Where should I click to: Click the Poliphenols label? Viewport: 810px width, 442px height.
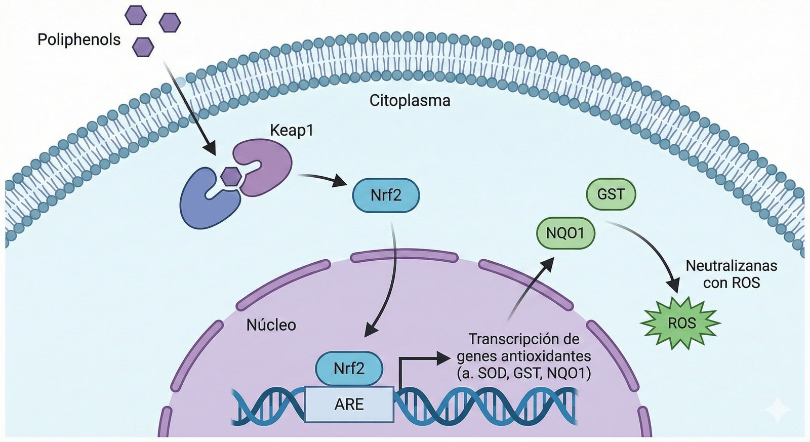click(x=79, y=39)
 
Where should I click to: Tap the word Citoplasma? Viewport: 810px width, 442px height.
click(x=410, y=100)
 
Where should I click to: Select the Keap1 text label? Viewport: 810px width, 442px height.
click(x=292, y=130)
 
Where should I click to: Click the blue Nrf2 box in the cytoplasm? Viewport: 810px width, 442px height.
click(x=386, y=195)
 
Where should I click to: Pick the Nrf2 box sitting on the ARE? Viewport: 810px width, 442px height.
click(x=349, y=368)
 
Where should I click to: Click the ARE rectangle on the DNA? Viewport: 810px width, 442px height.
click(x=349, y=404)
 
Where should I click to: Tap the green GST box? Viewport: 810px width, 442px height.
click(x=611, y=194)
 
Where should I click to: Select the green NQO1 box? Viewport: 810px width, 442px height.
click(x=565, y=233)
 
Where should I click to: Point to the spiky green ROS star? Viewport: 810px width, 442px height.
click(x=681, y=323)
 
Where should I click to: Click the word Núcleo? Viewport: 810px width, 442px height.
click(x=271, y=325)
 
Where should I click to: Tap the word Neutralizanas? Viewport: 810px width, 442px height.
click(x=731, y=265)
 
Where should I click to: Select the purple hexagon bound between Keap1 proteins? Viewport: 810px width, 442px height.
click(x=231, y=176)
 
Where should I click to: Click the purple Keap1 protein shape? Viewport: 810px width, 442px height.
click(x=266, y=165)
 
